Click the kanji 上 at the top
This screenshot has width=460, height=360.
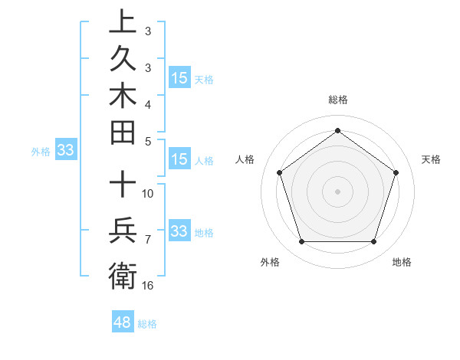[123, 21]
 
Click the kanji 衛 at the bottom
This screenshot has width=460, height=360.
[123, 274]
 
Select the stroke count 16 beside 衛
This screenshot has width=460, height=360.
[148, 285]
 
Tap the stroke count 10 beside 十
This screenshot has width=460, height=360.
[148, 192]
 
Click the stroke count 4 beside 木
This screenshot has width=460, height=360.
[148, 103]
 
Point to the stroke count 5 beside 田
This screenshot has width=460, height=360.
[148, 141]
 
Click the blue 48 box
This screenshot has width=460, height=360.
[123, 322]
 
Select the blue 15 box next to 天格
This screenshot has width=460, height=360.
[179, 77]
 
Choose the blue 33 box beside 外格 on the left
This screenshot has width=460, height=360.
[66, 150]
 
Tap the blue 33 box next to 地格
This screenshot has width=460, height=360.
[179, 231]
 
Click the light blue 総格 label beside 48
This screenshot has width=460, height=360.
[147, 324]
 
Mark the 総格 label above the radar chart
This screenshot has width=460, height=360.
[337, 100]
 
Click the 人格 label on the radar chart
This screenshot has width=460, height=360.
[245, 159]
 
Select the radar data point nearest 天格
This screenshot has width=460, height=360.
[396, 172]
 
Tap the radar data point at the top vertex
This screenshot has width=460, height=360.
[337, 130]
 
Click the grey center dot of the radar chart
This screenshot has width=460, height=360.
[337, 191]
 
